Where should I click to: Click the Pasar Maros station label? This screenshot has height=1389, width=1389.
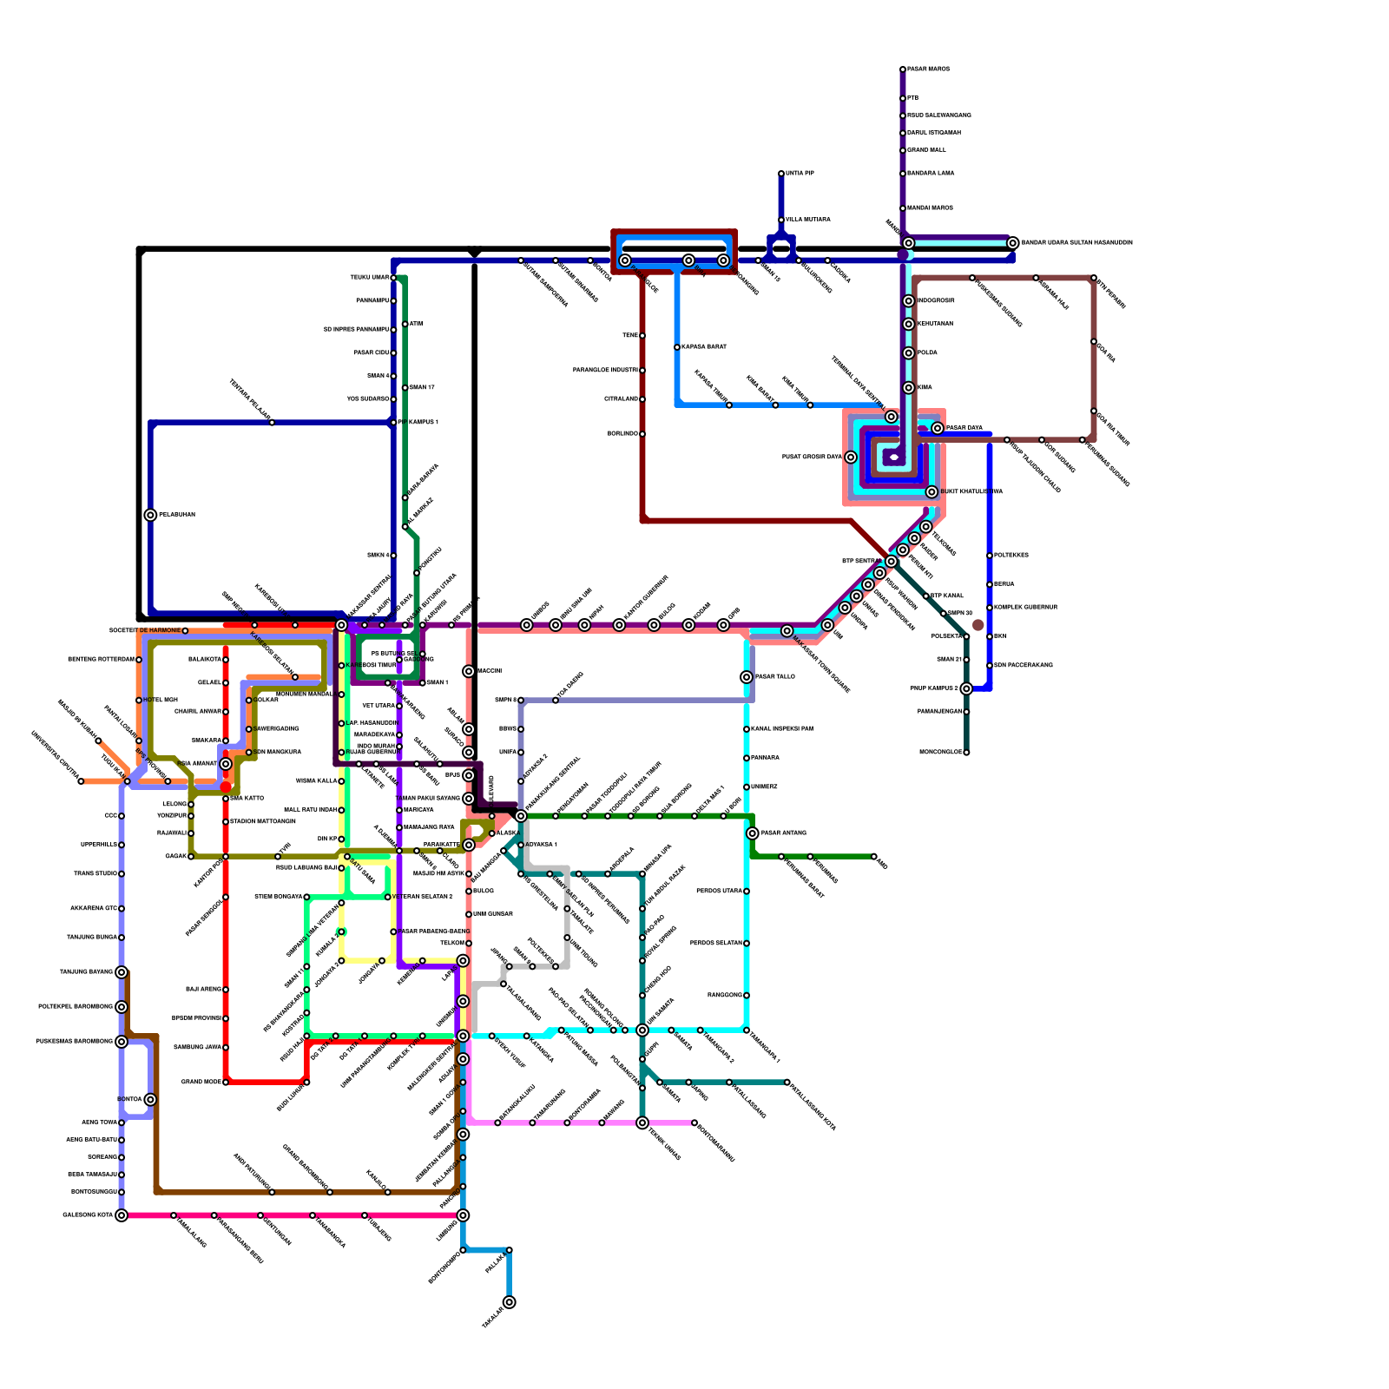click(x=928, y=69)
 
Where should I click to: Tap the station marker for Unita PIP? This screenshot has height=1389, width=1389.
click(x=781, y=174)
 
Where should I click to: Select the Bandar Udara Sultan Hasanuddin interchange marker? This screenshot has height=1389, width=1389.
click(x=1012, y=243)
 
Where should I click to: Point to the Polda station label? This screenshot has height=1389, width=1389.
click(x=927, y=353)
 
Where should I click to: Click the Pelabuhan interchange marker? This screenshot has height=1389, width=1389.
click(x=150, y=515)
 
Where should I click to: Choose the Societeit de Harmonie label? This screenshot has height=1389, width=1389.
click(x=144, y=630)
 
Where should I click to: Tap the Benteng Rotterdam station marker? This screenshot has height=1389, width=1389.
click(x=139, y=660)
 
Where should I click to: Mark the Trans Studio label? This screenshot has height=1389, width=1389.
click(x=95, y=874)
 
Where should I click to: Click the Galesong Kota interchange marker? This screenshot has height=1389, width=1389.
click(x=122, y=1215)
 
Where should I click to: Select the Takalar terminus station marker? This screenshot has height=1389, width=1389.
click(x=509, y=1302)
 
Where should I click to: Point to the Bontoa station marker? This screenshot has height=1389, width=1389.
click(x=150, y=1100)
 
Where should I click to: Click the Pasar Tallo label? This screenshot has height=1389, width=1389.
click(x=775, y=677)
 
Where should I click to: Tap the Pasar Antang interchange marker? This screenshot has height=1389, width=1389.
click(x=752, y=833)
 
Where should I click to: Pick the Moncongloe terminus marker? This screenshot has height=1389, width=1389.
click(x=966, y=753)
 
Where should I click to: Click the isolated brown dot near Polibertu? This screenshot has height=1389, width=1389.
click(x=978, y=625)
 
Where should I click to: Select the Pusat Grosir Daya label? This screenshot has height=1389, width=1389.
click(x=812, y=458)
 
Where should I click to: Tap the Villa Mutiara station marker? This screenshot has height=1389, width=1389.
click(x=781, y=220)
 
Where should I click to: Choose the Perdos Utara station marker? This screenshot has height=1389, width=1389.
click(x=747, y=892)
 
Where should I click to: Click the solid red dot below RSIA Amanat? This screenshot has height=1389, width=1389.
click(x=226, y=787)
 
